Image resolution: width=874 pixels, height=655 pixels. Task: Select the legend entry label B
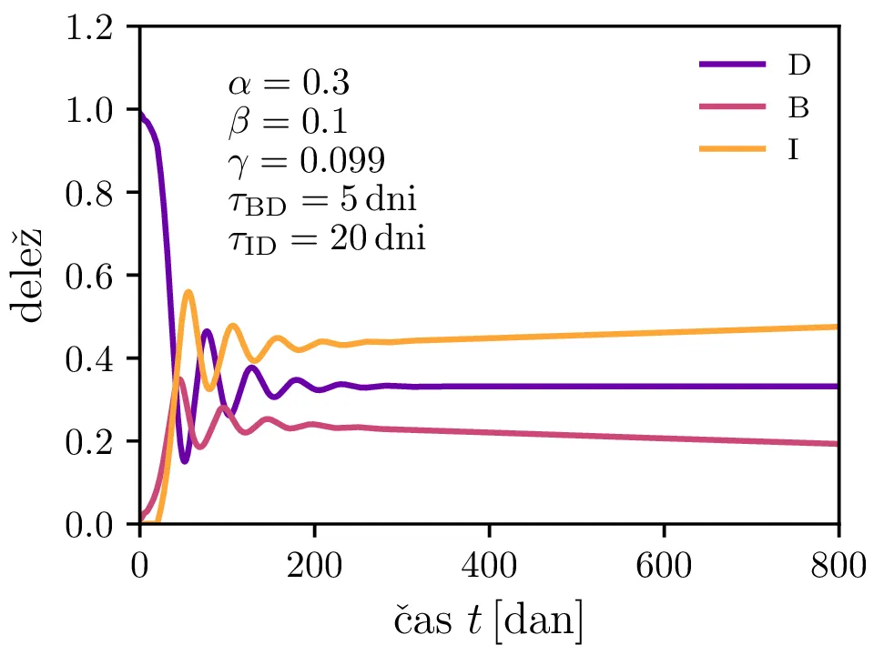coord(798,107)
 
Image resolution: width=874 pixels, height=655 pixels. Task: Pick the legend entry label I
coord(794,150)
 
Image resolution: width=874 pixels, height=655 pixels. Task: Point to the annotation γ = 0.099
coord(306,161)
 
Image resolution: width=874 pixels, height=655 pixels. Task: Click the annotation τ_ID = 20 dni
coord(327,239)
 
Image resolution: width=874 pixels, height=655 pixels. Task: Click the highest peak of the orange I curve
coord(188,292)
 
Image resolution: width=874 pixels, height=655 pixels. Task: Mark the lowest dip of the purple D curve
coord(185,461)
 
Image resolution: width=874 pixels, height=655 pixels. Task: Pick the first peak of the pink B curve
coord(180,379)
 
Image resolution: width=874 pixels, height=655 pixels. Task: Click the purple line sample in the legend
coord(732,65)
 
